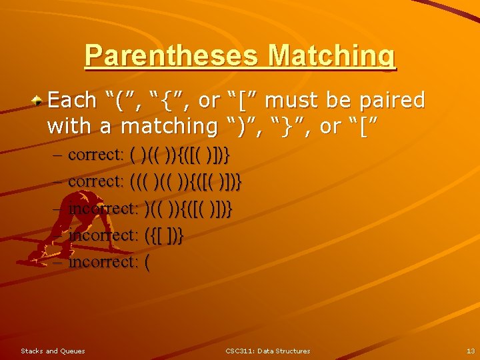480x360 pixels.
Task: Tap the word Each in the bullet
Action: point(73,101)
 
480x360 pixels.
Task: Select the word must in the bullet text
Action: point(294,101)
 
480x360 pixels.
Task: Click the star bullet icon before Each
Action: point(40,100)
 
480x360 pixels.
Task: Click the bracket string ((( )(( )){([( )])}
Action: point(186,181)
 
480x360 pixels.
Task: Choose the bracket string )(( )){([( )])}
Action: point(188,208)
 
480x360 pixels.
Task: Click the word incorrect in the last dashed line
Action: point(103,262)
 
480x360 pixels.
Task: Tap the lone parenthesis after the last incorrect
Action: point(147,262)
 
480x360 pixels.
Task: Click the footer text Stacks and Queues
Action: point(53,351)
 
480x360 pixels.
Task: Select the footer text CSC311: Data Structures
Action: point(267,351)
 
